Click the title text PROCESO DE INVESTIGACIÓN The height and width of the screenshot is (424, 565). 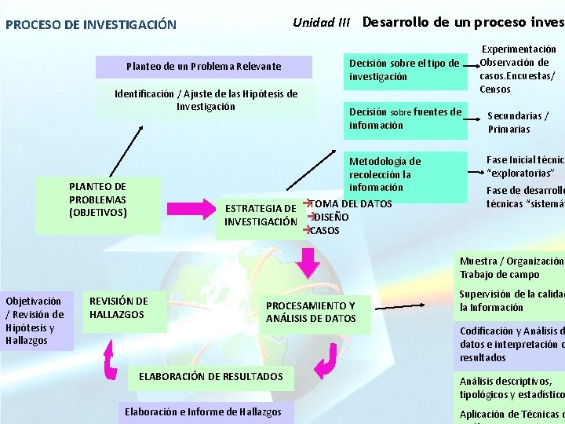(x=91, y=25)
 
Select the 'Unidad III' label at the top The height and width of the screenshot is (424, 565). (x=321, y=22)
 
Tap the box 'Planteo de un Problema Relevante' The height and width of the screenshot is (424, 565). (x=203, y=67)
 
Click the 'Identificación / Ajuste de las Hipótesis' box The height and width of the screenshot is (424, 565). (x=206, y=101)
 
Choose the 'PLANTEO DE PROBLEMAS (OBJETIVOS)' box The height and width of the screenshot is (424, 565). (x=97, y=199)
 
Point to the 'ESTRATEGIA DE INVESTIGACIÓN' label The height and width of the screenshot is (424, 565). (x=260, y=214)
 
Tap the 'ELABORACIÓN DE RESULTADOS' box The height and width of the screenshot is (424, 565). (x=210, y=377)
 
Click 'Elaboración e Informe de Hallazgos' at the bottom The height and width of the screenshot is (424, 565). (x=203, y=412)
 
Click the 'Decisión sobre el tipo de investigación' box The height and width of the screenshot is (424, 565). (x=404, y=70)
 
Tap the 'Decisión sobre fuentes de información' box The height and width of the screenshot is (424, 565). (x=405, y=119)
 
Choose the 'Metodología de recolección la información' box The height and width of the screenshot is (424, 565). (x=386, y=174)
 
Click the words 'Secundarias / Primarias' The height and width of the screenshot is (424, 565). (x=518, y=122)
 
